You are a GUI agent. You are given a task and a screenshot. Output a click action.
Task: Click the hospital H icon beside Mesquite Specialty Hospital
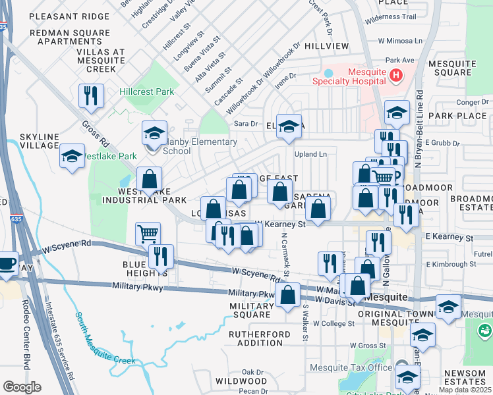click(395, 76)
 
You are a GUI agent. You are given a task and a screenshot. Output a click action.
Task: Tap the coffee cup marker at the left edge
click(7, 264)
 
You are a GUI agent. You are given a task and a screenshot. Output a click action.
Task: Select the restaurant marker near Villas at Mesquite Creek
click(91, 96)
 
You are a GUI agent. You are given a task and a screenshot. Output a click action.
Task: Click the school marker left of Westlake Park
click(72, 156)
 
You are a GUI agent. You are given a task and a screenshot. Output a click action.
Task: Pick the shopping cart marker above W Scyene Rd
click(148, 233)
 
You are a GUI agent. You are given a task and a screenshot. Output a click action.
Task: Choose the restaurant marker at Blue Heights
click(161, 256)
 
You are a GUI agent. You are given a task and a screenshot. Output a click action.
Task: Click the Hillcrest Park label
click(146, 92)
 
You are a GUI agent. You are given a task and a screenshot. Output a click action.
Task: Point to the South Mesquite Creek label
click(105, 338)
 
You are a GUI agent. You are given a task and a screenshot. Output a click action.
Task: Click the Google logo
click(22, 387)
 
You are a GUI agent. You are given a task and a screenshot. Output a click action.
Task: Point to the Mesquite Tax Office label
click(350, 367)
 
